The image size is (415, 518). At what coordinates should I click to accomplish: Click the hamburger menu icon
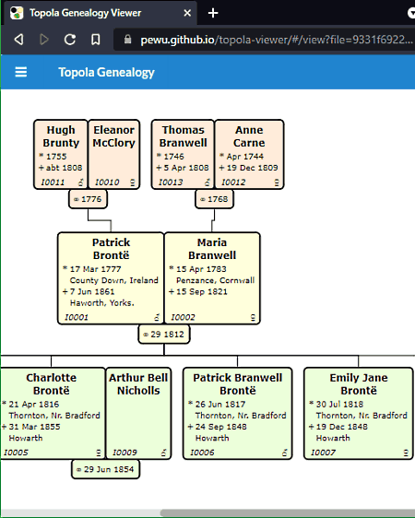click(x=21, y=72)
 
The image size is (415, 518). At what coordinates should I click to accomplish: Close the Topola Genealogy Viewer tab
click(x=187, y=13)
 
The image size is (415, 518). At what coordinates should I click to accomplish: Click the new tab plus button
click(x=213, y=13)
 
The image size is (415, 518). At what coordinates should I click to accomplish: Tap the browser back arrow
click(x=18, y=40)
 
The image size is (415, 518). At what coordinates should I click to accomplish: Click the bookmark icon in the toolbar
click(x=96, y=40)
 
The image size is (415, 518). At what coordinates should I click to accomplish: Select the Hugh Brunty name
click(x=61, y=136)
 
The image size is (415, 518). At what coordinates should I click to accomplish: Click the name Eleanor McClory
click(x=114, y=136)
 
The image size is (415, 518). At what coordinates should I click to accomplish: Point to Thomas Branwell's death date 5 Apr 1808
click(x=186, y=168)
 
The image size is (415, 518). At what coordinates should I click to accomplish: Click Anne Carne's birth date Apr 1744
click(x=244, y=157)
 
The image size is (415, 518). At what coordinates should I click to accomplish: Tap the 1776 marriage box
click(x=88, y=199)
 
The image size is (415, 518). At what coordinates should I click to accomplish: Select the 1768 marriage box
click(x=215, y=199)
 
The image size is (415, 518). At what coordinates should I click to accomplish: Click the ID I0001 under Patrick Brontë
click(x=77, y=317)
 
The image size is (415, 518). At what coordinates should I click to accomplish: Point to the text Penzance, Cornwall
click(x=216, y=280)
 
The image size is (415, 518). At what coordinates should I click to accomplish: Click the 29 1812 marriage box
click(x=164, y=335)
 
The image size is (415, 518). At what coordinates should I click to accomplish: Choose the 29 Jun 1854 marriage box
click(x=106, y=469)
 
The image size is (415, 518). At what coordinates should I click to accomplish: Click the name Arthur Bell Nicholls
click(x=138, y=383)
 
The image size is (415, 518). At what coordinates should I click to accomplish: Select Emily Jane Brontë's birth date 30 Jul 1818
click(x=339, y=405)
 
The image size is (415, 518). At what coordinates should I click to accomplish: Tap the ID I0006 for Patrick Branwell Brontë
click(x=202, y=453)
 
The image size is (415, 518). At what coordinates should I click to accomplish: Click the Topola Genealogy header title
click(x=106, y=72)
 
